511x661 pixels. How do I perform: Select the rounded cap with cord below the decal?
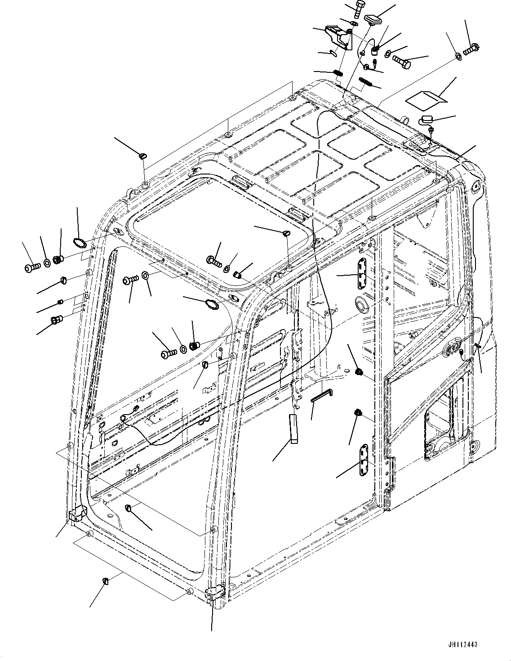(426, 119)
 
